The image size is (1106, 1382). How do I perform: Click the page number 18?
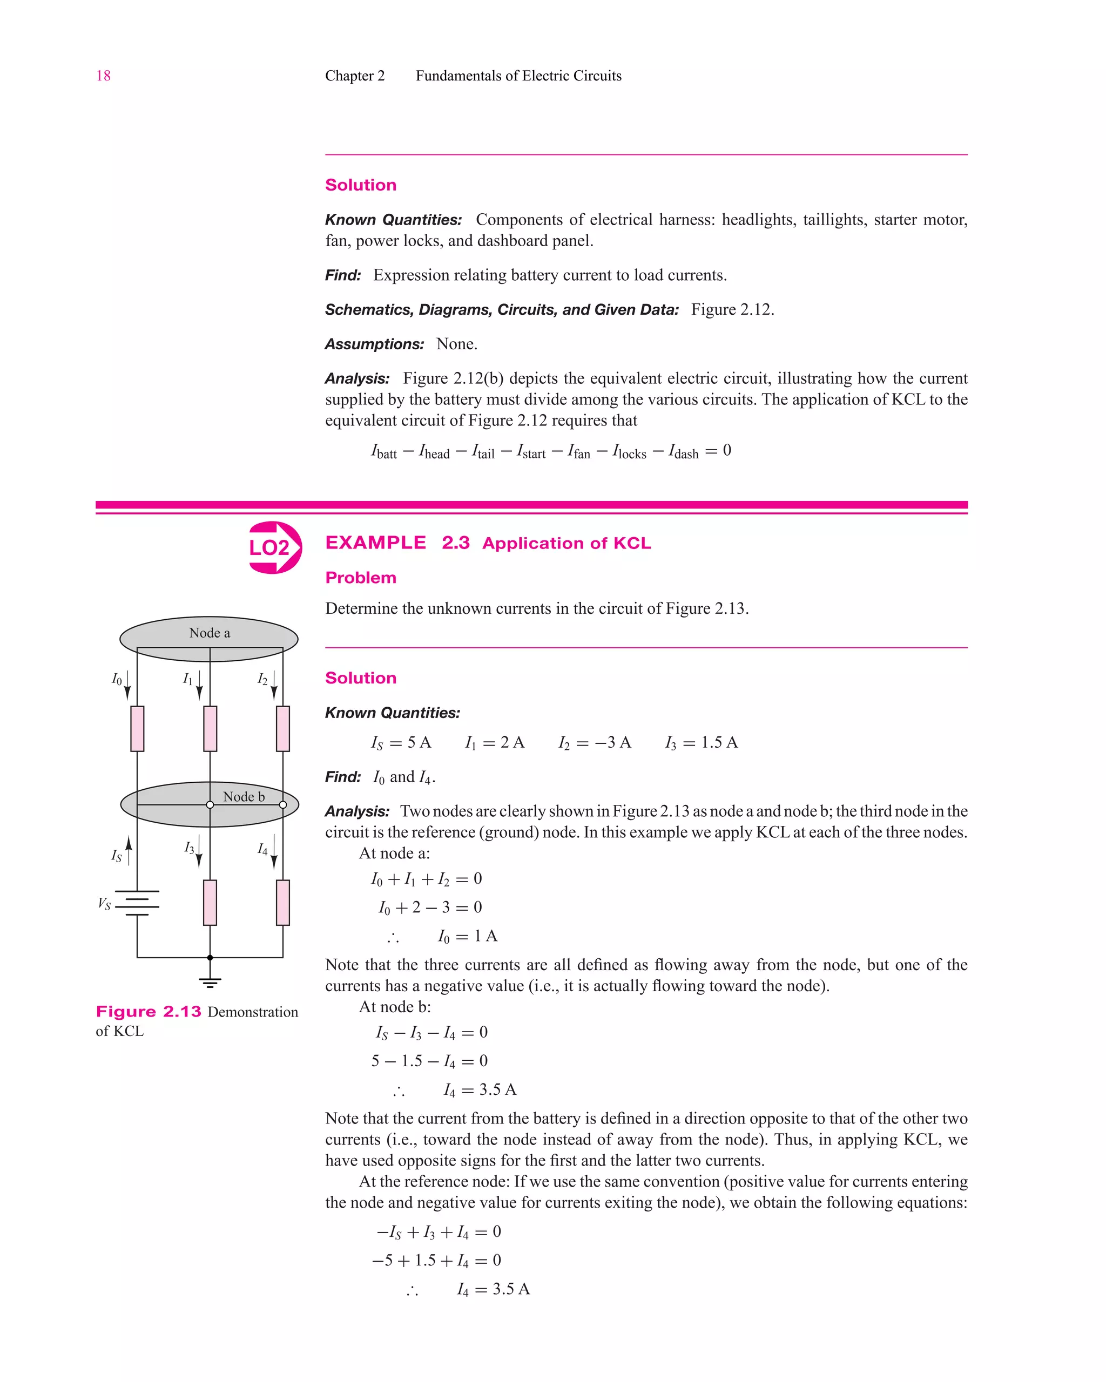[103, 76]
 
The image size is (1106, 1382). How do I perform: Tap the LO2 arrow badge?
[274, 547]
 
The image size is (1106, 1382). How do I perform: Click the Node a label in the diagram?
[210, 633]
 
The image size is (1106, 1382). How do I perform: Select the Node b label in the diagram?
[244, 796]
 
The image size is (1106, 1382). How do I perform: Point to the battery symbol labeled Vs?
[137, 903]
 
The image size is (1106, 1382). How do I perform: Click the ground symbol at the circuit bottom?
[210, 982]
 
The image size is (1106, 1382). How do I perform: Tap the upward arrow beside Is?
[129, 851]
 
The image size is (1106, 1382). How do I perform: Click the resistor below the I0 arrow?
[137, 728]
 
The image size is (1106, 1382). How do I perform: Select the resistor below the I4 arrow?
[283, 902]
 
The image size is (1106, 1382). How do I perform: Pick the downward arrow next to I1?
[199, 685]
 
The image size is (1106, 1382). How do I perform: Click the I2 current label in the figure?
[262, 679]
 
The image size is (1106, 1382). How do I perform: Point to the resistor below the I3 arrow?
[210, 902]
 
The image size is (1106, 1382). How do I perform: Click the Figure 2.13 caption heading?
[149, 1012]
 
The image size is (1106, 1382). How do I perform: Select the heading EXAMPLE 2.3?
[397, 543]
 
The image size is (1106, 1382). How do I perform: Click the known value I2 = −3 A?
[595, 742]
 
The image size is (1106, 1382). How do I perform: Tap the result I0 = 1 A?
[468, 936]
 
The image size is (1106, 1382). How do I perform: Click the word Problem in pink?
[360, 578]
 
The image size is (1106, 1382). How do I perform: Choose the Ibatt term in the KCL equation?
[384, 451]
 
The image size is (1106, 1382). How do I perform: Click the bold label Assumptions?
[374, 344]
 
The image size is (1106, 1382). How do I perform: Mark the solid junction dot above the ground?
[210, 958]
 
